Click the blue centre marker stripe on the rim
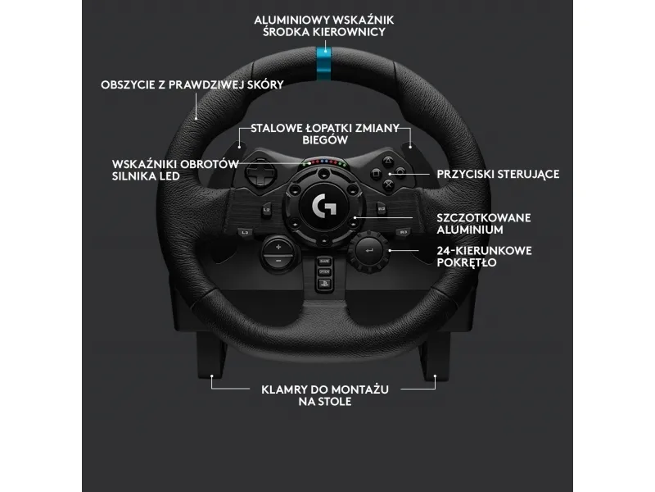tap(323, 64)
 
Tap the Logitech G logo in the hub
tap(324, 204)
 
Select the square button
tap(376, 173)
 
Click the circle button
tap(400, 172)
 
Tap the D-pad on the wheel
tap(260, 172)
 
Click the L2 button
tap(267, 209)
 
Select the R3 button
tap(403, 232)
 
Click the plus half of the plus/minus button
tap(278, 247)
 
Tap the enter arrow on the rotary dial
tap(369, 251)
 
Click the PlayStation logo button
tap(324, 284)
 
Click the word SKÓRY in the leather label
tap(265, 84)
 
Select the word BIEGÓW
tap(325, 139)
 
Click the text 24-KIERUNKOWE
tap(484, 251)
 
